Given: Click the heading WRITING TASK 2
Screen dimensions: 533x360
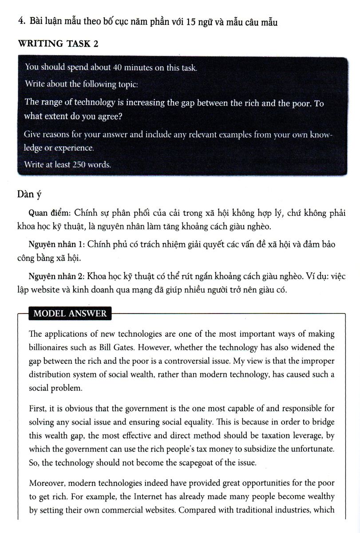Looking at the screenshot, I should point(58,44).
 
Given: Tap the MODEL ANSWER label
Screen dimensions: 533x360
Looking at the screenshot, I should point(70,313).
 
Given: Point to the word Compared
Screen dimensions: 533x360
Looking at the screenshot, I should point(196,509).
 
